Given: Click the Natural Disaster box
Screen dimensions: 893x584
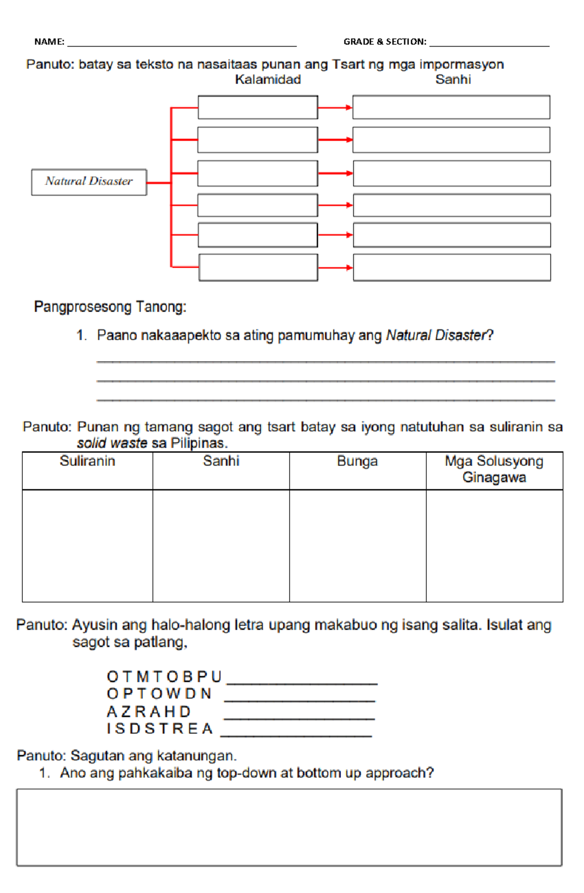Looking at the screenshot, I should (x=89, y=182).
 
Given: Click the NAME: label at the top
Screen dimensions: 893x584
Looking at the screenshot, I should (x=49, y=42).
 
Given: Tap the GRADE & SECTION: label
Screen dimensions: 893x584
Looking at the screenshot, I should (x=384, y=42).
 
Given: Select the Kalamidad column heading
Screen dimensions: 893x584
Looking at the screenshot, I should (x=268, y=80).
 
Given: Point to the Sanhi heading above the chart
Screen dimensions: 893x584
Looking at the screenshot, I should (x=453, y=80).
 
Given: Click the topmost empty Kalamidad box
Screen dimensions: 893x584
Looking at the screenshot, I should (x=257, y=107).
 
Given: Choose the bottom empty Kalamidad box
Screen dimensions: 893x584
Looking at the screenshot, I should (x=258, y=268).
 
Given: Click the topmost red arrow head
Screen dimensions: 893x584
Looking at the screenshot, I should (x=348, y=108).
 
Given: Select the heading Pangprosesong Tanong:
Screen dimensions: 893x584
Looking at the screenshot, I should (x=110, y=307).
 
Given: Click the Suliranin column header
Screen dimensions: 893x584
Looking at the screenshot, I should (x=87, y=461).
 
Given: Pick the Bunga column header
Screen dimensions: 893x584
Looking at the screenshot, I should (x=357, y=461).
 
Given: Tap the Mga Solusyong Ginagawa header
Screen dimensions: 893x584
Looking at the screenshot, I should (x=494, y=469).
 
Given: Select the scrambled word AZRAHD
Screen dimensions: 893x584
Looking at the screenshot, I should (x=148, y=712).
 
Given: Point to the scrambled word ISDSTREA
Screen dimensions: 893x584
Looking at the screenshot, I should (x=160, y=729).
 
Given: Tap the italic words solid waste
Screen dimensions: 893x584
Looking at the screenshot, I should (x=112, y=443).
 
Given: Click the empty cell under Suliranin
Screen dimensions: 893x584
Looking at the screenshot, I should (x=87, y=546).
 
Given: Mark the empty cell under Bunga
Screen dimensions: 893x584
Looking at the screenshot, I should (x=357, y=546).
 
